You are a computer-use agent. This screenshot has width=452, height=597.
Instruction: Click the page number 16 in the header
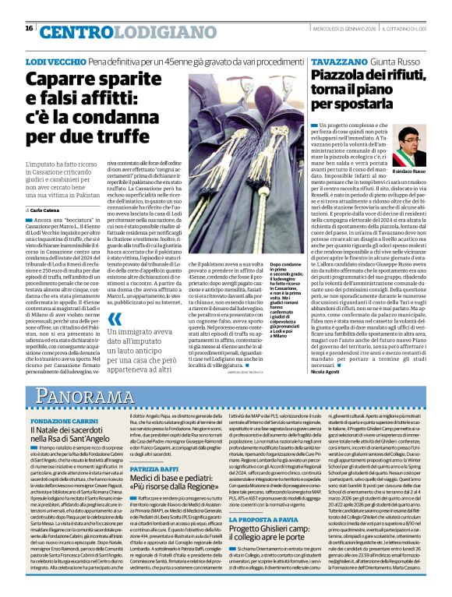(x=29, y=28)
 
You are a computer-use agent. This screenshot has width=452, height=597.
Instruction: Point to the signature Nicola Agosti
(x=325, y=372)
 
